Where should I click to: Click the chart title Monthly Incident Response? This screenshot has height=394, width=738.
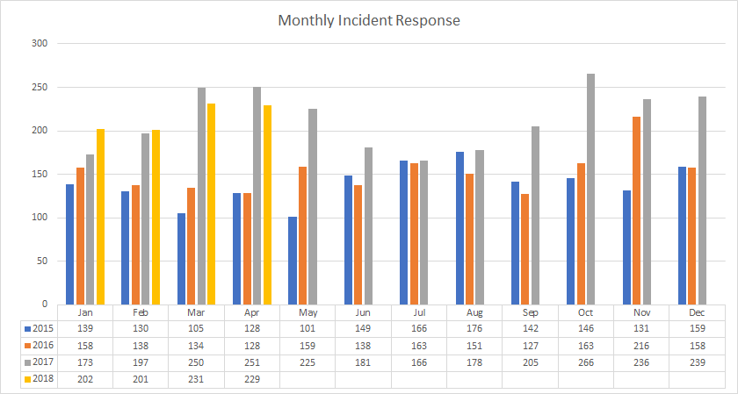tap(369, 19)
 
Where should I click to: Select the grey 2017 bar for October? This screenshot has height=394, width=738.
tap(590, 189)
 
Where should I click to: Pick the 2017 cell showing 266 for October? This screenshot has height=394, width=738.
tap(585, 362)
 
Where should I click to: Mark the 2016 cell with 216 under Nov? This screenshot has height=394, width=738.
tap(640, 344)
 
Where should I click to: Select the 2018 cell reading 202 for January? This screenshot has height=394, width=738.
tap(85, 378)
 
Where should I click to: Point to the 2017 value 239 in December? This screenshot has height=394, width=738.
tap(697, 362)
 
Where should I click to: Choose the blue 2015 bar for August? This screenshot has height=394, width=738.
tap(459, 228)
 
